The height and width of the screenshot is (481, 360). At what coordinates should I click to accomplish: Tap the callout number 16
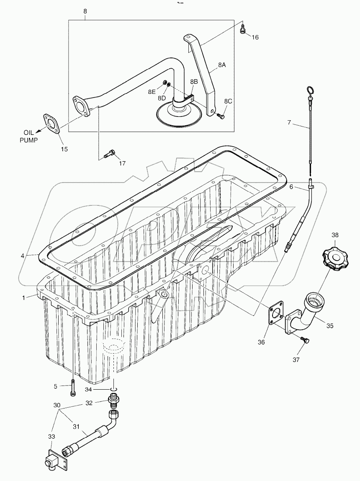click(255, 37)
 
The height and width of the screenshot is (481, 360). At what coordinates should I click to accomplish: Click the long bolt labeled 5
click(73, 387)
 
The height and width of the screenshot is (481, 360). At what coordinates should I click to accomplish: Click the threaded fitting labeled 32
click(113, 402)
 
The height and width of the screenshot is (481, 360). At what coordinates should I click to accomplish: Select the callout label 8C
click(228, 101)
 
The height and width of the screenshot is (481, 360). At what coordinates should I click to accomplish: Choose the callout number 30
click(57, 405)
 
